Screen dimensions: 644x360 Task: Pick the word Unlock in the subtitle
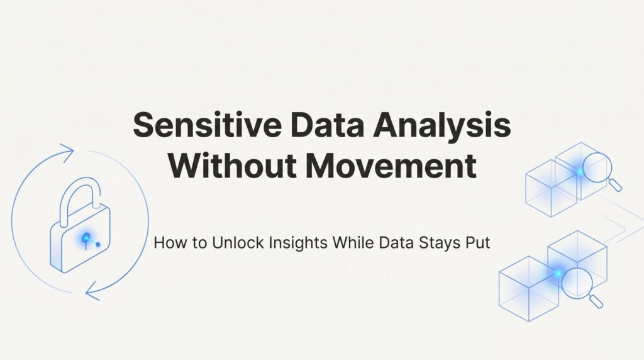pyautogui.click(x=238, y=243)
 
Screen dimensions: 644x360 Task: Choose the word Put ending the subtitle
pyautogui.click(x=478, y=243)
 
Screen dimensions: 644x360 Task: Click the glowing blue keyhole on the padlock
pyautogui.click(x=86, y=238)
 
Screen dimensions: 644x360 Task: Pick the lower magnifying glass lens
pyautogui.click(x=577, y=283)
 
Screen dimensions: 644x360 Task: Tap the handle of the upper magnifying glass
pyautogui.click(x=614, y=184)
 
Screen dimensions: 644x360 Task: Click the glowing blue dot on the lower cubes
pyautogui.click(x=558, y=274)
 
